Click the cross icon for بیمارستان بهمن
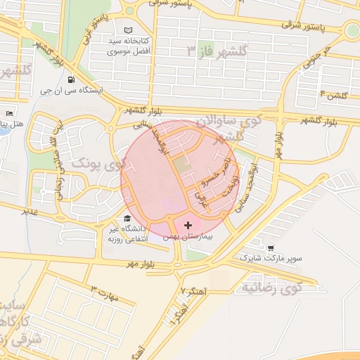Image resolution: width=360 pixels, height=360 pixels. pos(188,225)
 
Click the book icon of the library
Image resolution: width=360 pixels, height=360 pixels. pos(127,30)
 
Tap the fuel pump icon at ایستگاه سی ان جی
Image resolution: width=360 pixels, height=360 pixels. pos(70,79)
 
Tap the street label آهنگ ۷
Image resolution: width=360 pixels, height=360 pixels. pos(191,290)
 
